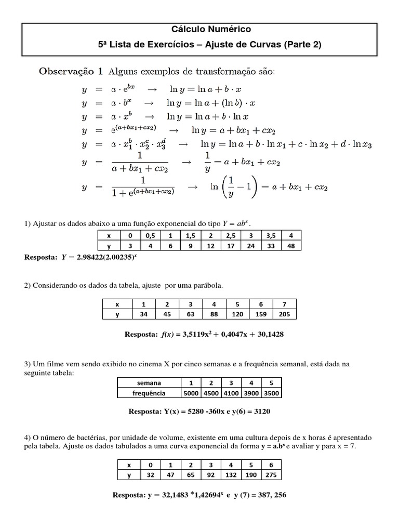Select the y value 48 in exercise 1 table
(291, 246)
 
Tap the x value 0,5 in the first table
(151, 236)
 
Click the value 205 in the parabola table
(284, 314)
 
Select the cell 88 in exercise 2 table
(214, 314)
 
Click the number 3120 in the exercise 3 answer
(259, 411)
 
